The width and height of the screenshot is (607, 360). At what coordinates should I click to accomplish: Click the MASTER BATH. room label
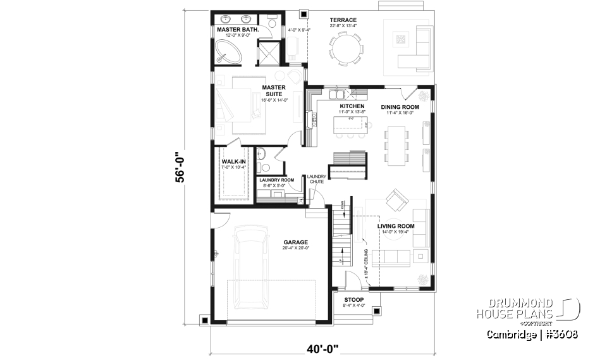click(236, 30)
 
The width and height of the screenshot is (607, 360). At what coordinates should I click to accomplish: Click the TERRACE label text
click(343, 20)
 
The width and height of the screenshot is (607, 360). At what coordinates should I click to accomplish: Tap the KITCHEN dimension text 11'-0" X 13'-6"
click(352, 112)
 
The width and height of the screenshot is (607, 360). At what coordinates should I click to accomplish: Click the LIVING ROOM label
click(396, 226)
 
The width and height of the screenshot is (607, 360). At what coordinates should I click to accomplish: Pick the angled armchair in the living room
click(398, 201)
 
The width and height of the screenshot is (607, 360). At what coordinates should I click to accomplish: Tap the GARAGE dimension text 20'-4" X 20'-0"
click(295, 248)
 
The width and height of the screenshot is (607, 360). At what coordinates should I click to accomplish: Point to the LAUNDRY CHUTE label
click(316, 179)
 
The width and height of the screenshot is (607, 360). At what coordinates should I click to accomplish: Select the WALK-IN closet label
click(233, 161)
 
